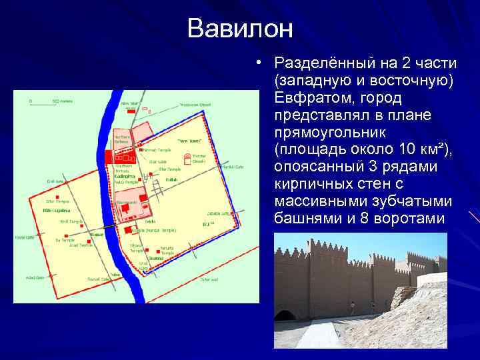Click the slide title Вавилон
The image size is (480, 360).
[240, 28]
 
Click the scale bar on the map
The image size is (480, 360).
[43, 104]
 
